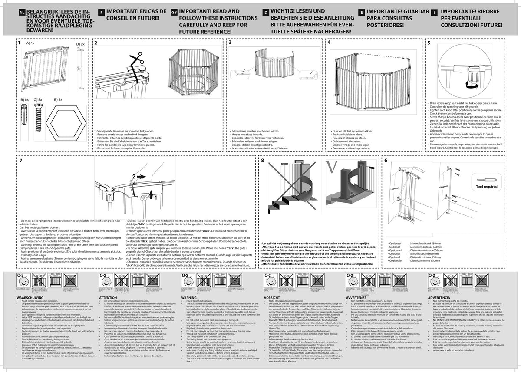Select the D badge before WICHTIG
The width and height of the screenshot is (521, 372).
tap(265, 13)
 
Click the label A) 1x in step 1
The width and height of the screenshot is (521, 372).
tap(31, 44)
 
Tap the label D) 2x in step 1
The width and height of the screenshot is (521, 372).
tap(81, 44)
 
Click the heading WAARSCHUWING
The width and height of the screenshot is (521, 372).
tap(30, 298)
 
